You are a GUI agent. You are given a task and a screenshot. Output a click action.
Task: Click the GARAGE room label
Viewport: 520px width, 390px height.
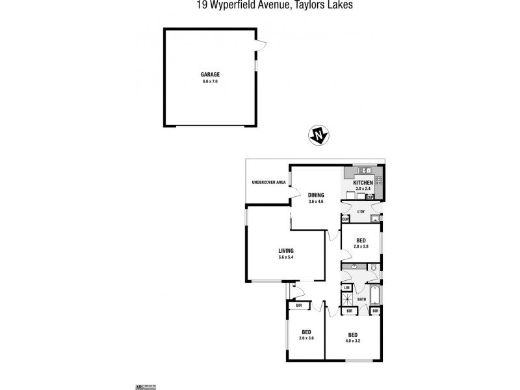209,75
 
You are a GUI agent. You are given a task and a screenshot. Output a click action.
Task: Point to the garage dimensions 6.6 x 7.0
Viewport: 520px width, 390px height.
209,82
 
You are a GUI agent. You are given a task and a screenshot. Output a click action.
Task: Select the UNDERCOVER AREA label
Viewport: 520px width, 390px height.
269,182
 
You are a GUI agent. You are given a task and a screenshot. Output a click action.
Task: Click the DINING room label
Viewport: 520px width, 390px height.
317,194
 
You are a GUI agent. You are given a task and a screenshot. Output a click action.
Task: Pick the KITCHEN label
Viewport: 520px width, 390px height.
363,184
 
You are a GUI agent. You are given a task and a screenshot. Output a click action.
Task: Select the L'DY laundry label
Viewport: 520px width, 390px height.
362,212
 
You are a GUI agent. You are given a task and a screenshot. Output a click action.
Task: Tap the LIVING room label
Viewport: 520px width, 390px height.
286,251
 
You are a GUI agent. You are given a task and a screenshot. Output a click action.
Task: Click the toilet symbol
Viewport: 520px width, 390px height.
376,268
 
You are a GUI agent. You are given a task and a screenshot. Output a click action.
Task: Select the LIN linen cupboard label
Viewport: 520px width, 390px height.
347,288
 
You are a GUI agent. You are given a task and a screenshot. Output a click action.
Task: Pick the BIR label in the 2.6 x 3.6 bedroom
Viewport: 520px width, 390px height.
298,305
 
